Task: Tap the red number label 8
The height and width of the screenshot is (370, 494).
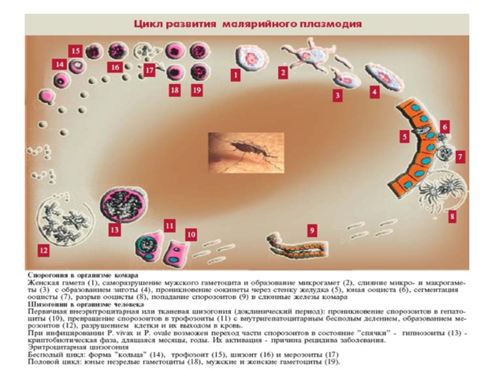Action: (453, 216)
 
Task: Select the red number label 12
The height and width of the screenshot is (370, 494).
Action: (43, 250)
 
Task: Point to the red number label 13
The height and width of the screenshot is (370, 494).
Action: (114, 230)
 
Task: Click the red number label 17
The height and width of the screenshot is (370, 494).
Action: (150, 70)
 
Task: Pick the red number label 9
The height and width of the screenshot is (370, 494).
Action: (312, 230)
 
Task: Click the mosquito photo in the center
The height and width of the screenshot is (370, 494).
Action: (246, 152)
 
